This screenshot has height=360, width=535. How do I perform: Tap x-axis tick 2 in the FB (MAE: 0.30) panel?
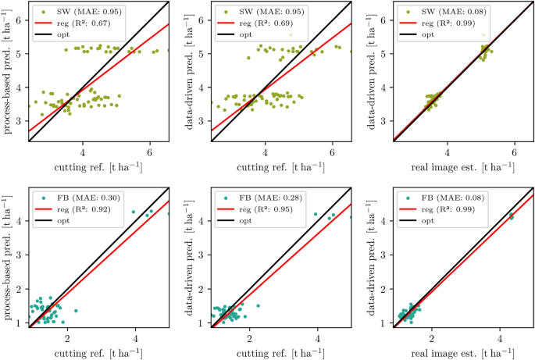(x=68, y=338)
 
